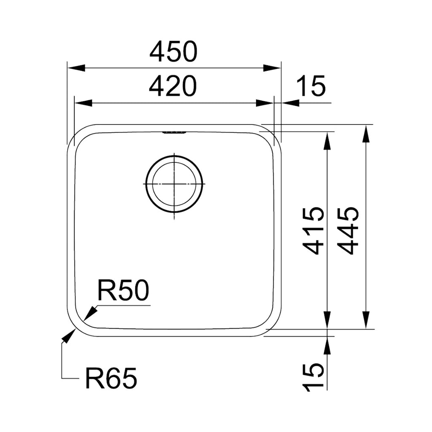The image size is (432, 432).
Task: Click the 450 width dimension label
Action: pyautogui.click(x=173, y=52)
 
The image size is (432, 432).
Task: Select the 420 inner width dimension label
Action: pyautogui.click(x=173, y=86)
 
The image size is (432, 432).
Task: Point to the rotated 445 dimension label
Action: pyautogui.click(x=349, y=230)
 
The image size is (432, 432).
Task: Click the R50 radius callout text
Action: pyautogui.click(x=123, y=291)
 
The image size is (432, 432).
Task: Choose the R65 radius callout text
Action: pyautogui.click(x=111, y=378)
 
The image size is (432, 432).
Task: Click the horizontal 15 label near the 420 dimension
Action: pyautogui.click(x=311, y=86)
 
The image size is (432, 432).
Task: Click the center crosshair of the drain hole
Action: pyautogui.click(x=174, y=184)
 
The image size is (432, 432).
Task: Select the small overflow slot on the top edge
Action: pyautogui.click(x=174, y=133)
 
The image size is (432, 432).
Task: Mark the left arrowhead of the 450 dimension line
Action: pyautogui.click(x=76, y=68)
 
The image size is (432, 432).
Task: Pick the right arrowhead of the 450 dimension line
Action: pyautogui.click(x=273, y=68)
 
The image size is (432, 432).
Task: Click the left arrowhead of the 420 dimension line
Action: pyautogui.click(x=83, y=103)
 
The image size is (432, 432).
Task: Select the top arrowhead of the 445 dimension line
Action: pyautogui.click(x=366, y=134)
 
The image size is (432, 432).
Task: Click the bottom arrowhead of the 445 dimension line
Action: pyautogui.click(x=366, y=320)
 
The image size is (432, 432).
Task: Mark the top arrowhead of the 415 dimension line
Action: pyautogui.click(x=327, y=140)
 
